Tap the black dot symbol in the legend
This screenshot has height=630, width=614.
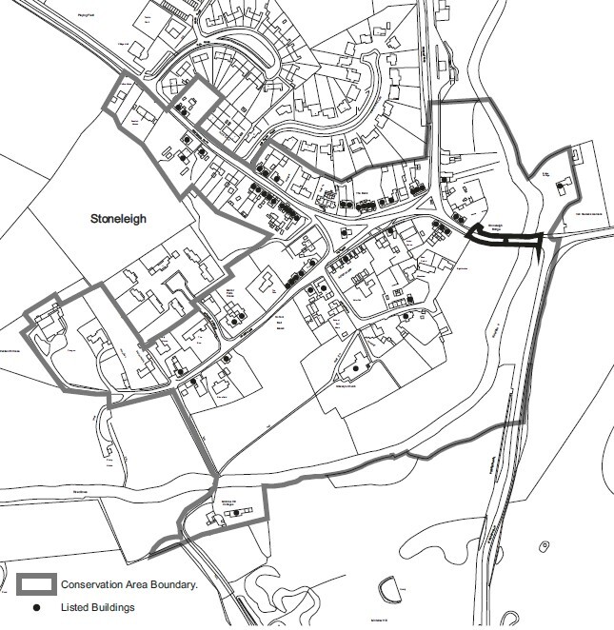pos(36,606)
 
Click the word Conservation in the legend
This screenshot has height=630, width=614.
pos(92,584)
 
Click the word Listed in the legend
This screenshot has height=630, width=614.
pos(75,606)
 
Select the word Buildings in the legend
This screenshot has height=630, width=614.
pos(113,606)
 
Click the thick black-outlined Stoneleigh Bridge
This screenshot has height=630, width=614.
pos(505,242)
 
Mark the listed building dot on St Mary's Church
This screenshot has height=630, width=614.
pos(355,366)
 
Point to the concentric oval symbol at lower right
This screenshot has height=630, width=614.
pos(544,546)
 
